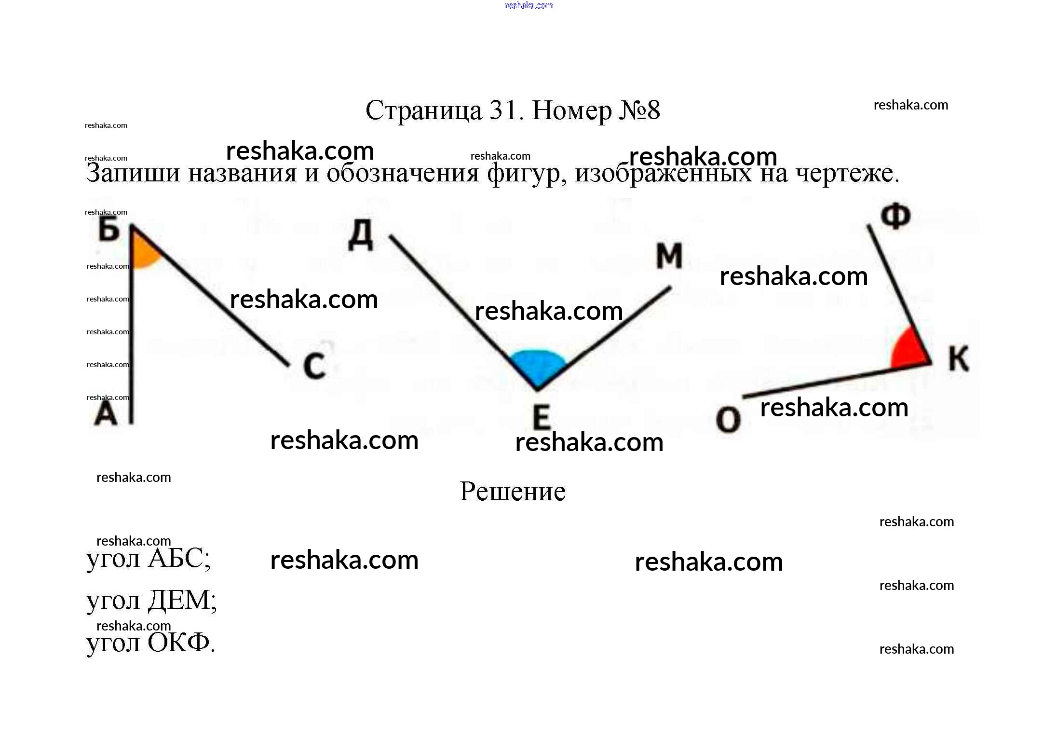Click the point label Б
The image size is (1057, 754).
[109, 229]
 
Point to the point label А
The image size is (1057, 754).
[106, 414]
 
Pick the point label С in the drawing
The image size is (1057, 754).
[314, 366]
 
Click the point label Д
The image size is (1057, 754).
[361, 235]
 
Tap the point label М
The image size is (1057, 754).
[669, 256]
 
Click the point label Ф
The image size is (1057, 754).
[895, 216]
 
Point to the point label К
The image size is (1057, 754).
[958, 359]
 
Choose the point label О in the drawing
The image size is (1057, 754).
[728, 419]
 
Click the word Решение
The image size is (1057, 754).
[512, 492]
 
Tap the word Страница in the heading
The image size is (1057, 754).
[423, 111]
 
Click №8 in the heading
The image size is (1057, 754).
[639, 111]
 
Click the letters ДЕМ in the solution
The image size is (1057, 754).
[179, 601]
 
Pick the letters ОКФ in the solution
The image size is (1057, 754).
[178, 643]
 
